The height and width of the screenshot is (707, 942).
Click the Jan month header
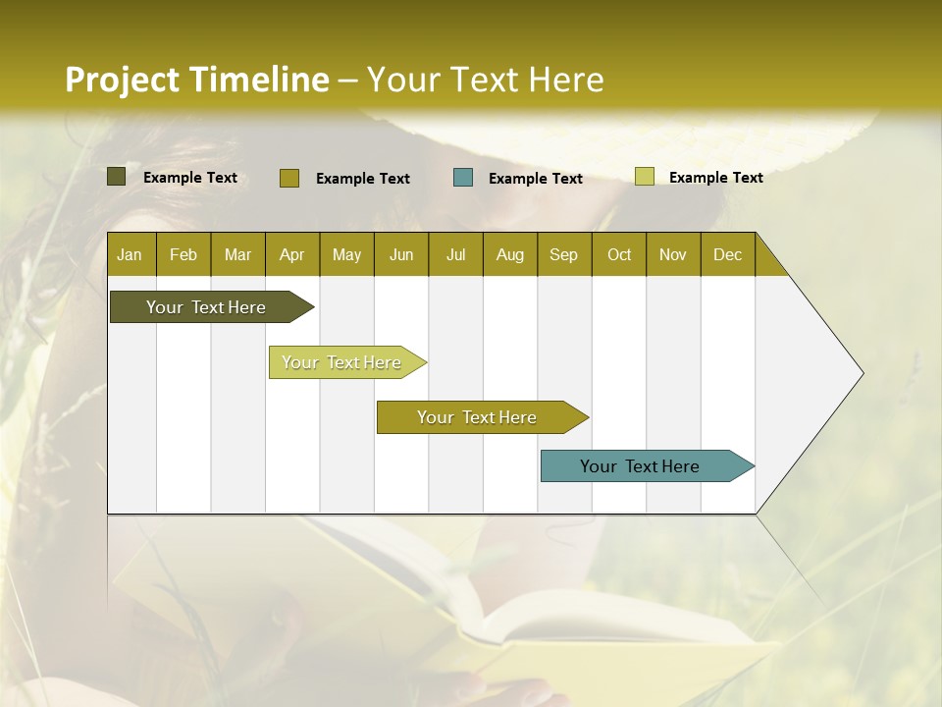(130, 254)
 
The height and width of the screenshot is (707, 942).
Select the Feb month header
(183, 254)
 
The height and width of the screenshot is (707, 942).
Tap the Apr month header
(291, 254)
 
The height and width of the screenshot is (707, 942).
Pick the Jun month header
(401, 254)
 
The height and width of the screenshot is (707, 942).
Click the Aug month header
(509, 254)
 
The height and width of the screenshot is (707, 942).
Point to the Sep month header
(563, 254)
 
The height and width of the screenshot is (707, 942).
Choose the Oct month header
(619, 254)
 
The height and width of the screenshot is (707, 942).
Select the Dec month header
(727, 254)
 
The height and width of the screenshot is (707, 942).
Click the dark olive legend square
(117, 177)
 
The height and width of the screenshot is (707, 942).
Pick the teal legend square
(463, 177)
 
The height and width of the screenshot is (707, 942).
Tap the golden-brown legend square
(289, 178)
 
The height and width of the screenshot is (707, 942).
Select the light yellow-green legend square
(644, 177)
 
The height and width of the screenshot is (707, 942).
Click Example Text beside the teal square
(535, 178)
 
